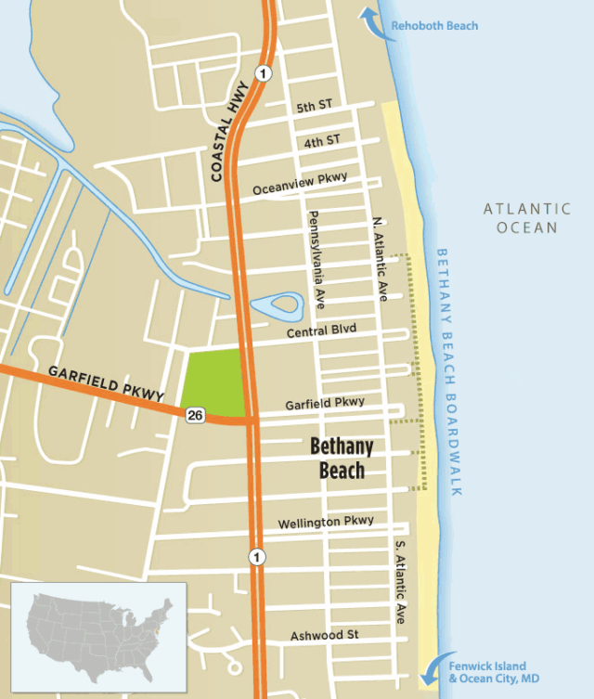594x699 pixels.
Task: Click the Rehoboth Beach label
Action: [434, 26]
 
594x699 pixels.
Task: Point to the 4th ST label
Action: [321, 140]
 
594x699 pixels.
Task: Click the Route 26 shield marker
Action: [194, 414]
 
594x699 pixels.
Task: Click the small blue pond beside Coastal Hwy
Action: [277, 304]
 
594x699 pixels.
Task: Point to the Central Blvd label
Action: [321, 331]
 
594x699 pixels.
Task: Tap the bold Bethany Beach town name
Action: [342, 459]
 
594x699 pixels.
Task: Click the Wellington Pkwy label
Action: [326, 523]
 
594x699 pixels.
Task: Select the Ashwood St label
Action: [325, 636]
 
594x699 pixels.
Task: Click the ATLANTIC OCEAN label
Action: [527, 217]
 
